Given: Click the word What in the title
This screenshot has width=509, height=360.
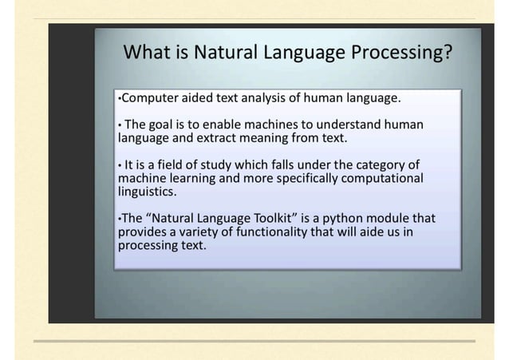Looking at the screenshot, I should pos(147,53).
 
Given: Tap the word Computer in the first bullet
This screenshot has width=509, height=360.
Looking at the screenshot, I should pos(149,99).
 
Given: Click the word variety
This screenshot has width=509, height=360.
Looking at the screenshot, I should pos(199,231).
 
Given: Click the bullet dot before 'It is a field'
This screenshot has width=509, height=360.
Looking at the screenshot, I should pos(120,165).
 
